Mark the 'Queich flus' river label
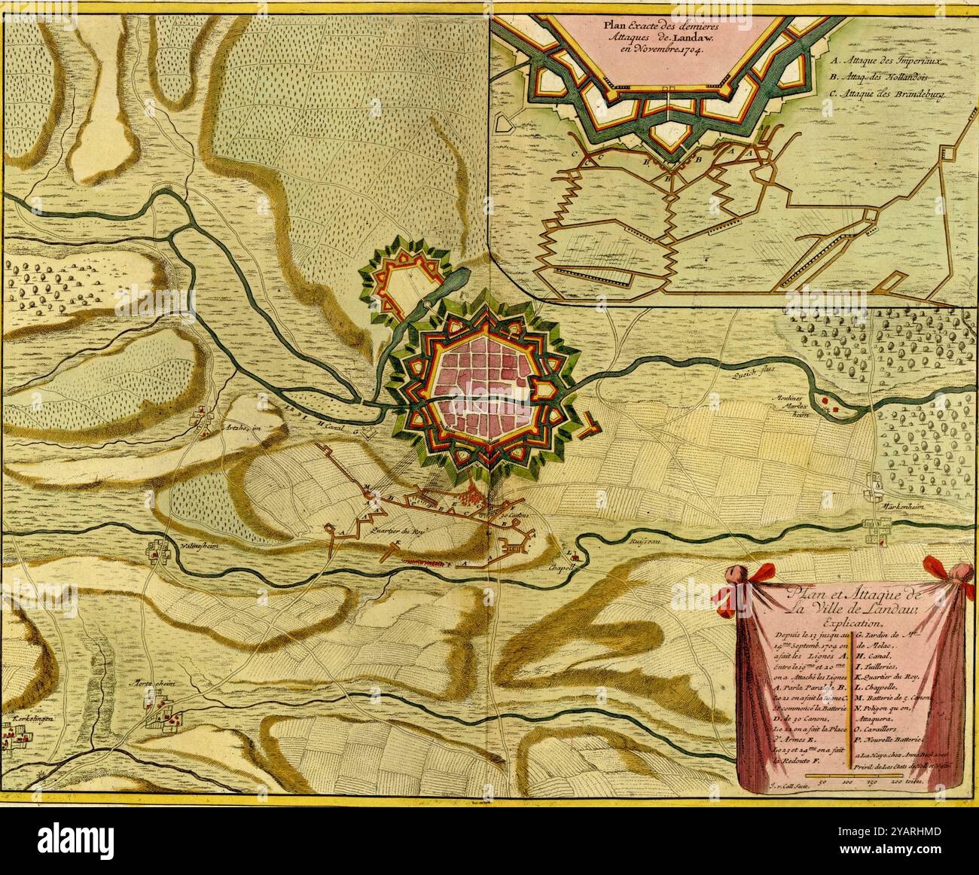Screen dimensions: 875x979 tap(749, 370)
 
